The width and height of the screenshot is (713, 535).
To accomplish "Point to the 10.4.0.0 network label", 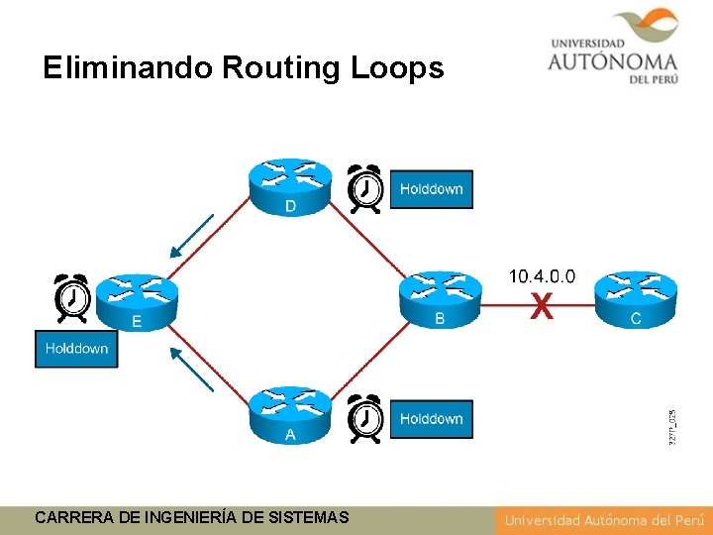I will (x=541, y=276).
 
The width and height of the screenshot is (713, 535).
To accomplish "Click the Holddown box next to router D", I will (x=432, y=189).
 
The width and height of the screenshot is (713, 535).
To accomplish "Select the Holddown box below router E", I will (x=76, y=349).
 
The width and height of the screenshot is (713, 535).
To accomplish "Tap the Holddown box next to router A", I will (x=432, y=419).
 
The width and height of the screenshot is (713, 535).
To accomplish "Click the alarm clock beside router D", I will (x=365, y=187).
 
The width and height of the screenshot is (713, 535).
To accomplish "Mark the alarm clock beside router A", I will (x=365, y=418).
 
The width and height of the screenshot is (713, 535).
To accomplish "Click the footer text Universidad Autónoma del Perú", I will (x=602, y=519).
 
